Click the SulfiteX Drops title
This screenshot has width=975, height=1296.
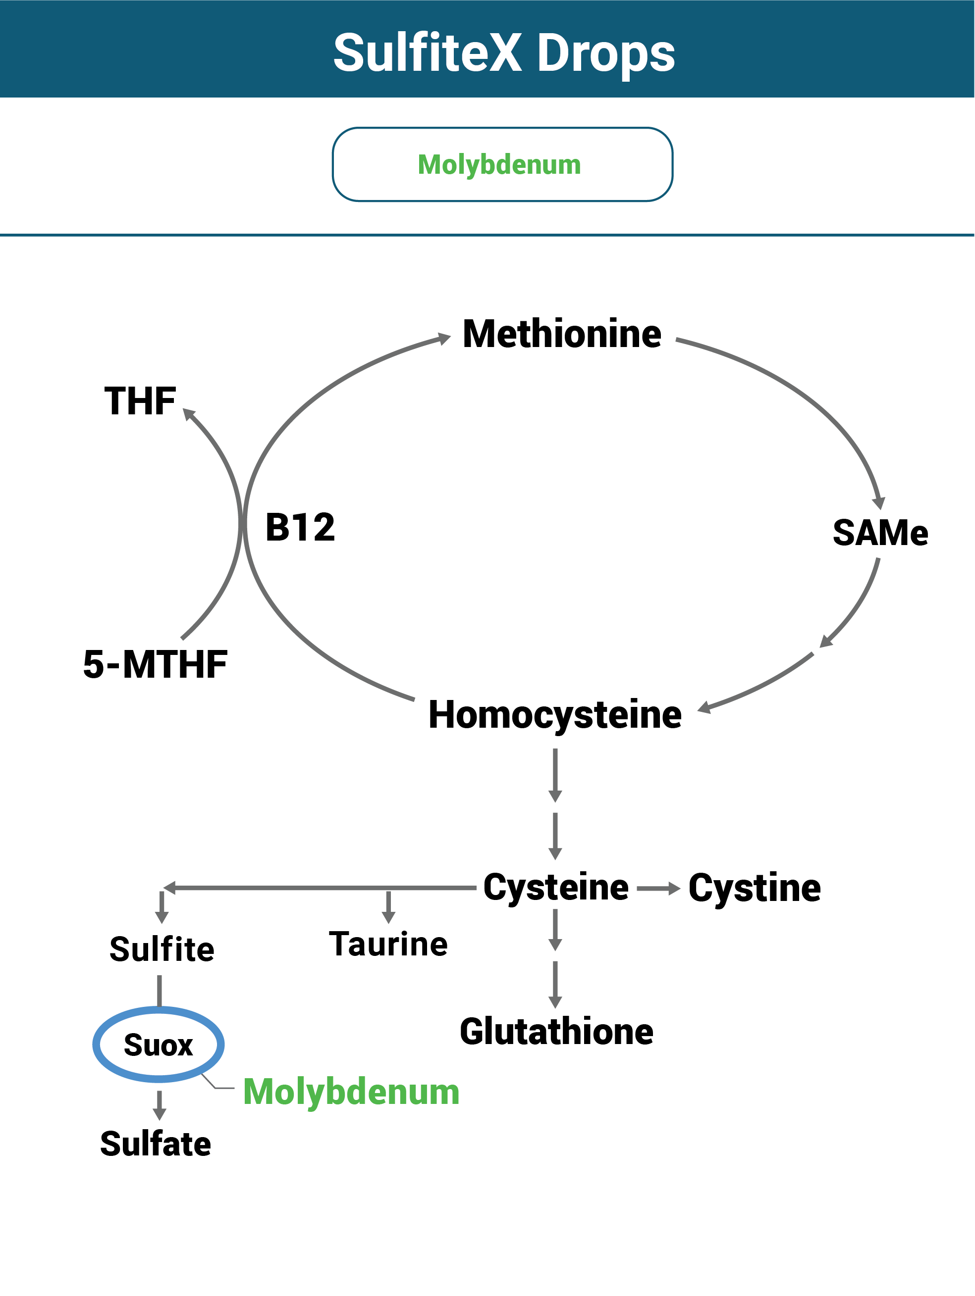[x=504, y=53]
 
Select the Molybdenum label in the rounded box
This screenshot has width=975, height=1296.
[x=499, y=165]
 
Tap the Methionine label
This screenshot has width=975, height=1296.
[x=562, y=334]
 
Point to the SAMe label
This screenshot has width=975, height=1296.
[x=880, y=533]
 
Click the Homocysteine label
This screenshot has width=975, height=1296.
[x=554, y=715]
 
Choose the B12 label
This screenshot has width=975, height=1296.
[x=300, y=527]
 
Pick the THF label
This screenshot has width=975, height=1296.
[x=140, y=401]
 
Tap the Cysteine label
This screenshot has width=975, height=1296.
[x=555, y=887]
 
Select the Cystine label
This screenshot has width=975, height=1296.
[x=754, y=888]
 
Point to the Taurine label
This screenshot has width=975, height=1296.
[x=388, y=944]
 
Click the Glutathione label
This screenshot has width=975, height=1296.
[x=556, y=1032]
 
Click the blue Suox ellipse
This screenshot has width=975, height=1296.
[x=159, y=1045]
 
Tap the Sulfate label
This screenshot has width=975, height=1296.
[x=156, y=1144]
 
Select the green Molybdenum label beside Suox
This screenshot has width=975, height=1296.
[x=351, y=1092]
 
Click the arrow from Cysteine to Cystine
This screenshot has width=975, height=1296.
[x=658, y=889]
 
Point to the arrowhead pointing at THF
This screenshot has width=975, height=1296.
[x=189, y=414]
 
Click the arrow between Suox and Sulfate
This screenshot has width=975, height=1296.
[x=159, y=1105]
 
